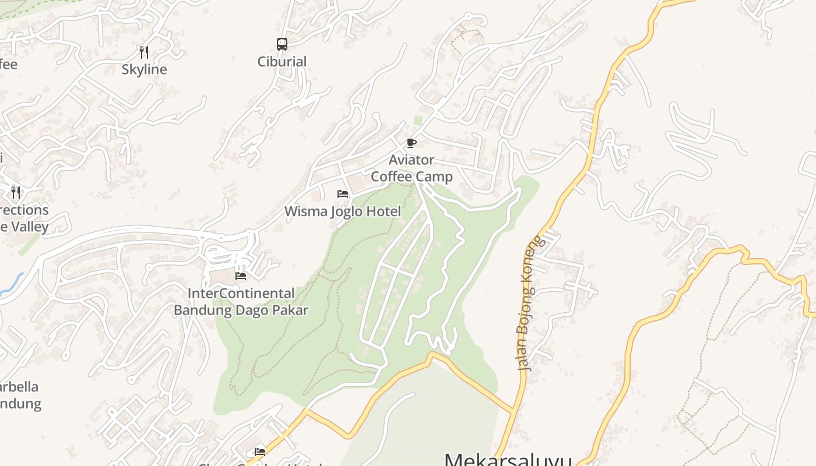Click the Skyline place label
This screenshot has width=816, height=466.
point(144,69)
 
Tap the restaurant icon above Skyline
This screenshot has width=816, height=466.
point(144,52)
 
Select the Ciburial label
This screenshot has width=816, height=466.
point(282,61)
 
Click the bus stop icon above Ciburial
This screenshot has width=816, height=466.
point(282,44)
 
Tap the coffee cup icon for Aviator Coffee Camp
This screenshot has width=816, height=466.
point(411,143)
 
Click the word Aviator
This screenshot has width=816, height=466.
point(411,160)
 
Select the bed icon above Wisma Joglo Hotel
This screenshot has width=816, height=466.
point(343,194)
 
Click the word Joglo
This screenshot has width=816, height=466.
point(349,211)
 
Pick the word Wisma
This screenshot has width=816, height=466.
point(306,211)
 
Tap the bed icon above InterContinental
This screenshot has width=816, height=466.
point(241,276)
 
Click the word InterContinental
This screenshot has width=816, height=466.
point(241,293)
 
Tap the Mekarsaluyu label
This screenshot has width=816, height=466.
point(507,460)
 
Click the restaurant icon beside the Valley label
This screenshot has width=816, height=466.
point(16,192)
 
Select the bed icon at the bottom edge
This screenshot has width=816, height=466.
point(260,451)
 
